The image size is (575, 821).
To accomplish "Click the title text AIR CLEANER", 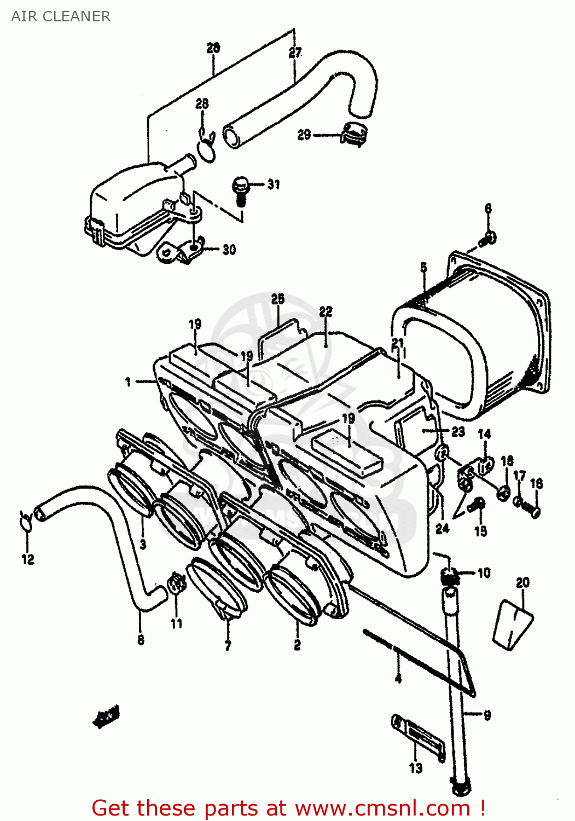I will tap(61, 16).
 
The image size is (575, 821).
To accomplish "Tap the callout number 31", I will tap(274, 184).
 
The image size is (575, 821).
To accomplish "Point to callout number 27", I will tap(295, 53).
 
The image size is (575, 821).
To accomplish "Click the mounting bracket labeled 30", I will tap(181, 251).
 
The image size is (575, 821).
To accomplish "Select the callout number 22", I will tap(326, 311).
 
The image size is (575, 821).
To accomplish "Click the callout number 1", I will tap(128, 381).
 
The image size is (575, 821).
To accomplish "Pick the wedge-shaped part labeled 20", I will tap(513, 625).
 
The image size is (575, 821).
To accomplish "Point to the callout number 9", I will tap(486, 715).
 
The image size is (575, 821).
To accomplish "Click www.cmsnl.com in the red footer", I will tap(382, 808).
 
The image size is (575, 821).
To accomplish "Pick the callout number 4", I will tap(398, 678).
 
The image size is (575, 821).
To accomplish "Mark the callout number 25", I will tap(278, 298).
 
